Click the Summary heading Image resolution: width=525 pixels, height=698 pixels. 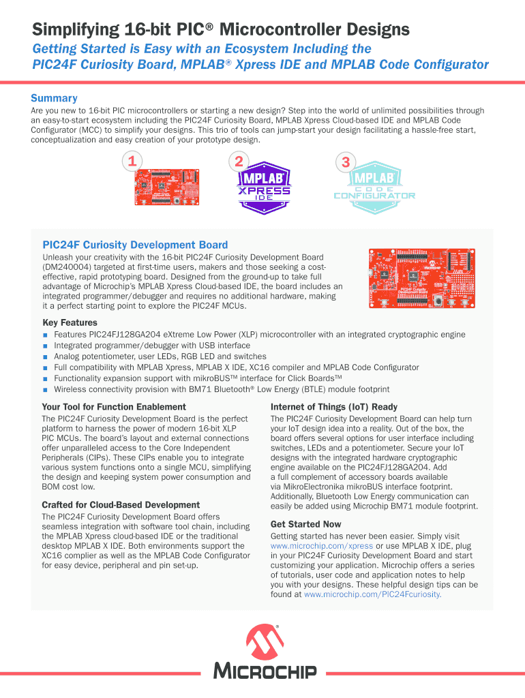click(x=54, y=98)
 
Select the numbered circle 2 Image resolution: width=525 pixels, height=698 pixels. click(x=239, y=162)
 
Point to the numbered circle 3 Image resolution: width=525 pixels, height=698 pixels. click(x=346, y=162)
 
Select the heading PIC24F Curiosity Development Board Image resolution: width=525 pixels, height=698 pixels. click(x=135, y=245)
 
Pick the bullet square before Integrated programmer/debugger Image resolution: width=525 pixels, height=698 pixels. click(x=46, y=346)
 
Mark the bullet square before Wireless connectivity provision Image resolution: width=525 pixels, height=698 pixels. click(x=46, y=390)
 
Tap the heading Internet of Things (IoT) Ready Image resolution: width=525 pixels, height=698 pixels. click(x=333, y=407)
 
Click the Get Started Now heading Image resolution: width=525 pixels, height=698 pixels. click(x=305, y=524)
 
